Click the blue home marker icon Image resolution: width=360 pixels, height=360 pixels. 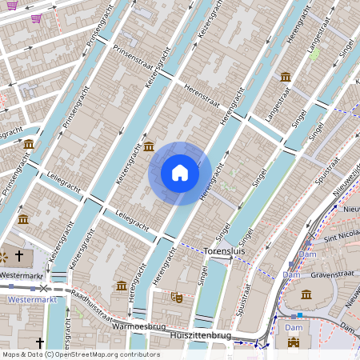(x=180, y=173)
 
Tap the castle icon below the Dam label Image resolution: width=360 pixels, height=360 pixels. (x=293, y=342)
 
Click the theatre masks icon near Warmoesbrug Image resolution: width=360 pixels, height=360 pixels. (x=177, y=297)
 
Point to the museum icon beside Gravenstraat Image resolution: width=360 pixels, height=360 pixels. (x=306, y=294)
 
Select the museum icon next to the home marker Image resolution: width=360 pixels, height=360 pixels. (x=150, y=146)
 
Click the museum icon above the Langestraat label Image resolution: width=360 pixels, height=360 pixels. (x=286, y=76)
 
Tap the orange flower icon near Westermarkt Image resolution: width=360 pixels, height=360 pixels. (x=4, y=257)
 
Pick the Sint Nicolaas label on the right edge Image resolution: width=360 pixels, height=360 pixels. (x=339, y=238)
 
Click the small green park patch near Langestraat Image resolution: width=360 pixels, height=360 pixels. (x=314, y=54)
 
